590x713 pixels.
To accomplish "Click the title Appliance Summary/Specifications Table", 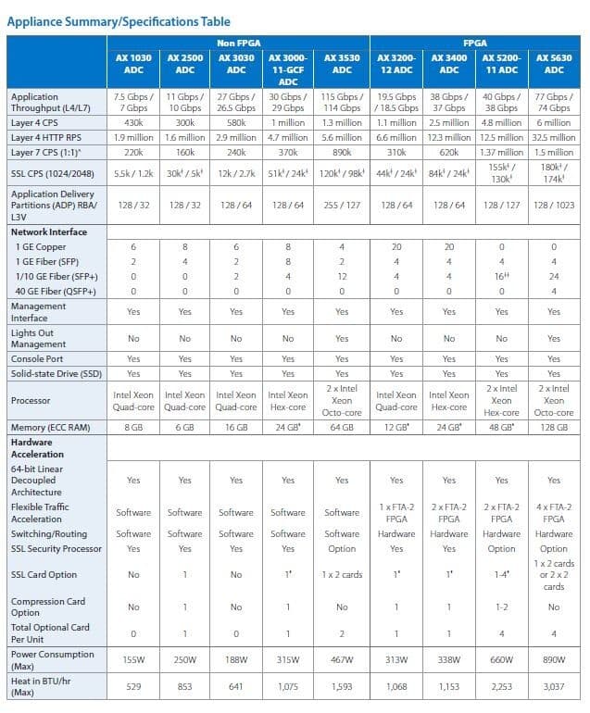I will click(x=119, y=20).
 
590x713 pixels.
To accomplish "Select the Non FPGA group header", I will click(x=237, y=43).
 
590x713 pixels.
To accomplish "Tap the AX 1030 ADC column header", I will click(x=133, y=63).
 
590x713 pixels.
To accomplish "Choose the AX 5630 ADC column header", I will click(x=554, y=63).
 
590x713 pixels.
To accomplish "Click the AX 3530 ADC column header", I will click(x=342, y=63).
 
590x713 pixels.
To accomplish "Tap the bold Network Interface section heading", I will click(x=48, y=232).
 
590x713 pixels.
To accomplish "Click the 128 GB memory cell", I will click(x=554, y=428).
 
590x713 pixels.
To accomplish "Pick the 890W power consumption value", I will click(x=554, y=660).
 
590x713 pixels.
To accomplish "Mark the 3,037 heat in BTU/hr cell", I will click(x=554, y=688).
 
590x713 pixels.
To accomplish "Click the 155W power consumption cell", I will click(x=133, y=660).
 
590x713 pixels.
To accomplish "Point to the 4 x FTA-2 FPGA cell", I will click(x=554, y=513).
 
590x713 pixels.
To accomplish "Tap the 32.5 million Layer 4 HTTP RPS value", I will click(x=554, y=137).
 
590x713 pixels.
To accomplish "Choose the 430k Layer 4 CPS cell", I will click(x=133, y=122).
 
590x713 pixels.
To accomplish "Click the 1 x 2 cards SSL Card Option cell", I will click(x=342, y=575).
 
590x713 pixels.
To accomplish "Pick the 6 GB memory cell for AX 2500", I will click(x=185, y=428).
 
